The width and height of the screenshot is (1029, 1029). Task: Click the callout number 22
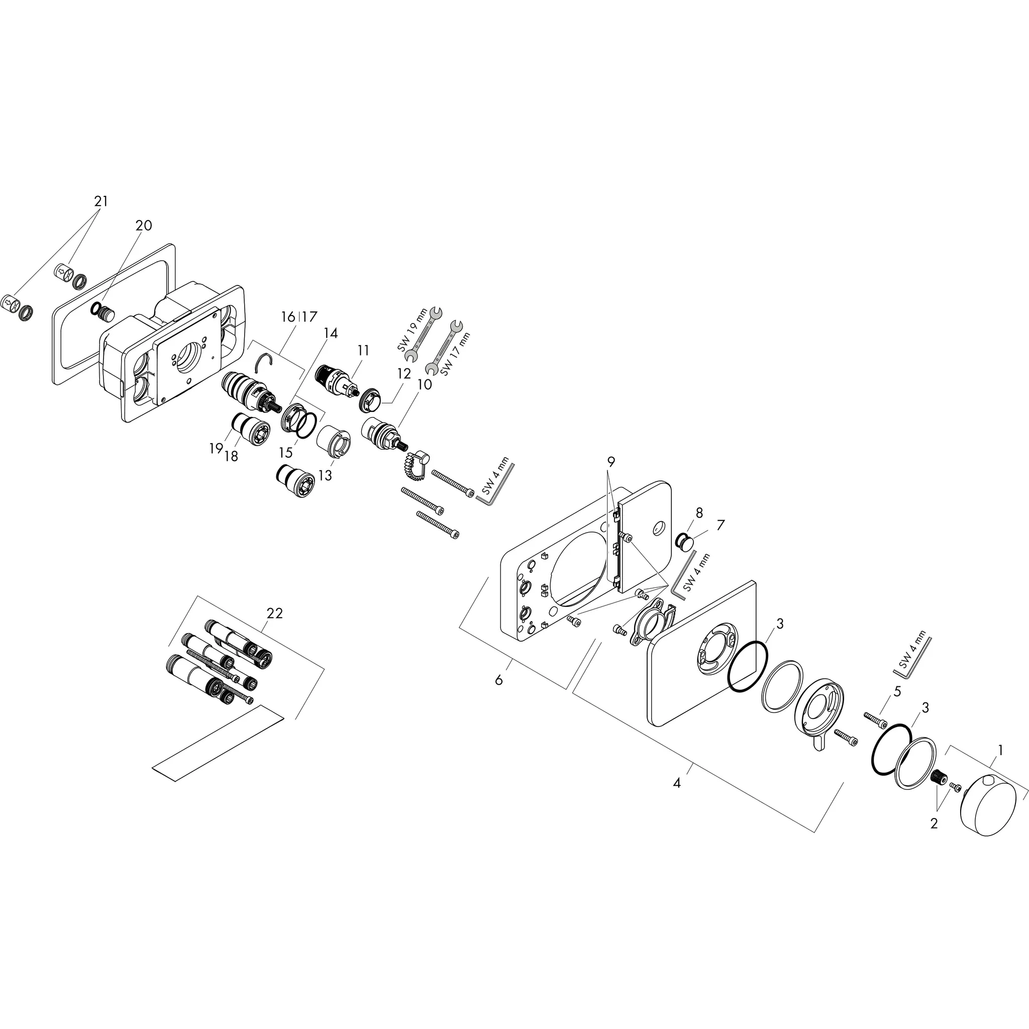(x=274, y=613)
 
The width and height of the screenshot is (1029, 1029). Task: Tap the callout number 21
(x=100, y=201)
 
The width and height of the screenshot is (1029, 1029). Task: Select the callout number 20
(x=144, y=225)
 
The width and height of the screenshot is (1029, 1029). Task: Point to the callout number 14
(x=330, y=333)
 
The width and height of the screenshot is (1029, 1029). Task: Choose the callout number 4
(x=676, y=783)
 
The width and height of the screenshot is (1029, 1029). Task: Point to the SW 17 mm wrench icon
(x=445, y=347)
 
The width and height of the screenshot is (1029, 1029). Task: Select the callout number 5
(x=897, y=692)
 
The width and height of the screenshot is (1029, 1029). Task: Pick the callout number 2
(x=934, y=824)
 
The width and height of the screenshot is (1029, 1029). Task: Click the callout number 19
(x=216, y=449)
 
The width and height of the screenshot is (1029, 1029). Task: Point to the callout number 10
(x=425, y=384)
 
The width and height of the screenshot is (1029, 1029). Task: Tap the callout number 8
(x=699, y=513)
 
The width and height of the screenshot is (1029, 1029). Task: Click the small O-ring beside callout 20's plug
(x=96, y=308)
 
